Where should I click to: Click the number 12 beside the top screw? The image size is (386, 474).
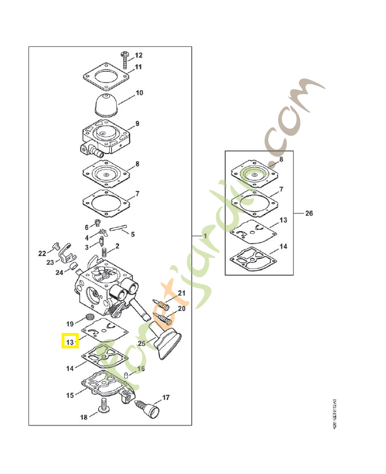pyautogui.click(x=139, y=55)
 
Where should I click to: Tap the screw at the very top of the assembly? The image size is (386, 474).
pyautogui.click(x=126, y=56)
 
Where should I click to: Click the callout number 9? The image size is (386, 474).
pyautogui.click(x=137, y=124)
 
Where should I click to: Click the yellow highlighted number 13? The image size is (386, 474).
pyautogui.click(x=70, y=342)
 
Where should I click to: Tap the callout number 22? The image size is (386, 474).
pyautogui.click(x=42, y=254)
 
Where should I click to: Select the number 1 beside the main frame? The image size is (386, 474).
pyautogui.click(x=205, y=236)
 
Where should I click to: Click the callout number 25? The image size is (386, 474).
pyautogui.click(x=141, y=343)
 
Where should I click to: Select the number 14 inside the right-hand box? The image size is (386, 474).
pyautogui.click(x=283, y=246)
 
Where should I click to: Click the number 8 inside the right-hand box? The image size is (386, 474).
pyautogui.click(x=281, y=159)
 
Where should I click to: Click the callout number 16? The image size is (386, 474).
pyautogui.click(x=141, y=369)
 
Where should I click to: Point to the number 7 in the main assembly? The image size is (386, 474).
pyautogui.click(x=137, y=194)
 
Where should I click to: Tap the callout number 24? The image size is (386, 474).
pyautogui.click(x=59, y=273)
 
